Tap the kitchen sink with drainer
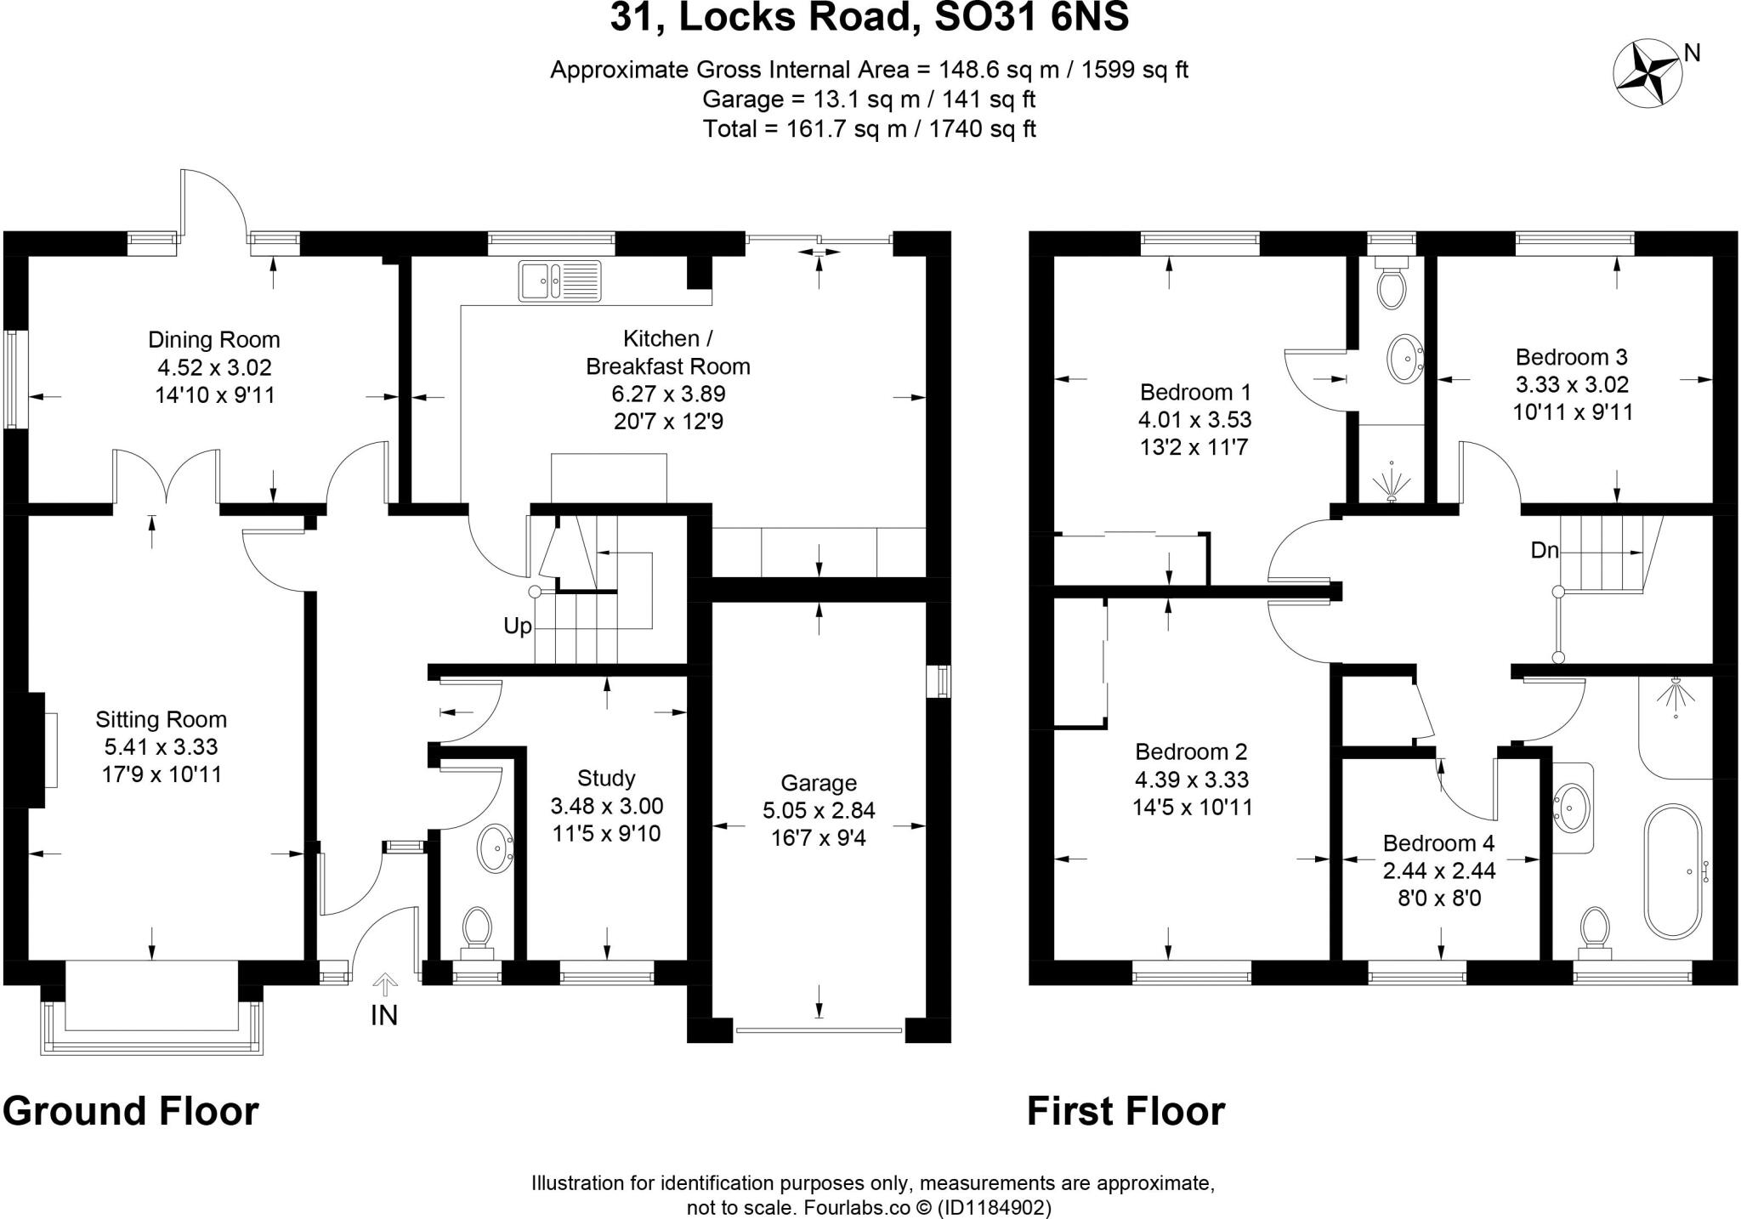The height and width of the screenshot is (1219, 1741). click(559, 281)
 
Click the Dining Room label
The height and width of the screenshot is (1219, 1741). click(213, 340)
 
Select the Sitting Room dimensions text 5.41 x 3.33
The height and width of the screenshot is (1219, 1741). click(161, 747)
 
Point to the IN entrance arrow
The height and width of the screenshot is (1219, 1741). click(385, 986)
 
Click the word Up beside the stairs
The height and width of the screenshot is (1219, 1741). click(517, 627)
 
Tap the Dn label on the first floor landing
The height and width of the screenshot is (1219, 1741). click(1544, 551)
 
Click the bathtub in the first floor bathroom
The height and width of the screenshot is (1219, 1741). click(1673, 872)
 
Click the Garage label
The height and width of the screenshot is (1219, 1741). click(819, 783)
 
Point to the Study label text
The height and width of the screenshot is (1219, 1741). click(606, 778)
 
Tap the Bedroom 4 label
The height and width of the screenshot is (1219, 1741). click(1438, 843)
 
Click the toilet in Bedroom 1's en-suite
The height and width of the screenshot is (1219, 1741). click(1392, 287)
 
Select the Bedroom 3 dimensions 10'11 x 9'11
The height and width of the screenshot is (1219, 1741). click(1573, 412)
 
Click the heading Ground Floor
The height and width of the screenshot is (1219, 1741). click(130, 1111)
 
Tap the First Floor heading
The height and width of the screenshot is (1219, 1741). click(1126, 1111)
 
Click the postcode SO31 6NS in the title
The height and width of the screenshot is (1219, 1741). click(1031, 17)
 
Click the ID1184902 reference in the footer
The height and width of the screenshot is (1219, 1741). click(994, 1208)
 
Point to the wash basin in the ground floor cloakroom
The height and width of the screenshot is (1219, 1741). click(494, 848)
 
